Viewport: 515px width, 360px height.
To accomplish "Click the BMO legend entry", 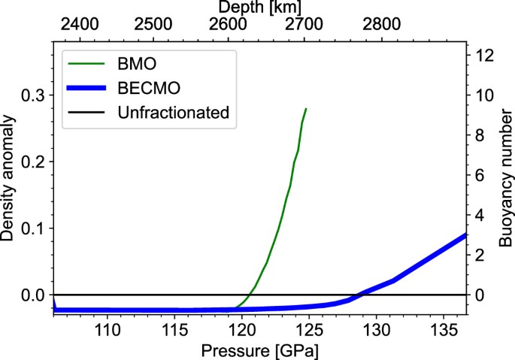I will (x=137, y=62).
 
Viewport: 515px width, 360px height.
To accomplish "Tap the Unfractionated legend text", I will (x=173, y=113).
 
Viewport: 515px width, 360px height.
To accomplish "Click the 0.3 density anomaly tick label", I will (x=33, y=95).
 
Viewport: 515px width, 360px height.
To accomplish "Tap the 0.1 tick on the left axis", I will (x=33, y=228).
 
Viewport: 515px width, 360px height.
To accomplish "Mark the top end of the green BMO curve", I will (x=306, y=108).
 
